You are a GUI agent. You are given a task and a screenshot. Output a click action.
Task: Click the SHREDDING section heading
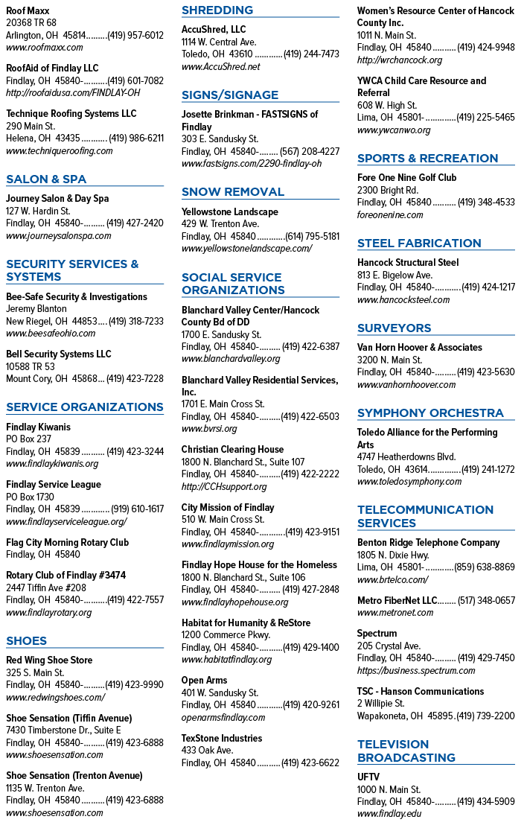pyautogui.click(x=217, y=10)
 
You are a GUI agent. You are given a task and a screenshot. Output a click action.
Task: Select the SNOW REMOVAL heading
pyautogui.click(x=233, y=192)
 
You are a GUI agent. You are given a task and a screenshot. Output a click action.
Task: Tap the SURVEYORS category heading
pyautogui.click(x=394, y=328)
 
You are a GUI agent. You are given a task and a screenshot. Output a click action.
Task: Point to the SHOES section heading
pyautogui.click(x=27, y=640)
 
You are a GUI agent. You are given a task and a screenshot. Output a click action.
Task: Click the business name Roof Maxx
pyautogui.click(x=28, y=10)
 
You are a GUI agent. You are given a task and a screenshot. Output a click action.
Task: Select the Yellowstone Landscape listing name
pyautogui.click(x=230, y=212)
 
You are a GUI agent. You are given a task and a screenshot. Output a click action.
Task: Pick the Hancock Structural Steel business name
pyautogui.click(x=408, y=262)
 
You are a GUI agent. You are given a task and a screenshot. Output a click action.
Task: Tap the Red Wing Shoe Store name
pyautogui.click(x=49, y=660)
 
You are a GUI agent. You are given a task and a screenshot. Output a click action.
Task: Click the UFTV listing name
pyautogui.click(x=368, y=777)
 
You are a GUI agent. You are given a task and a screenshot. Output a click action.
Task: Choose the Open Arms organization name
pyautogui.click(x=205, y=681)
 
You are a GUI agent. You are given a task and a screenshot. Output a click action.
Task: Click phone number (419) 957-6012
pyautogui.click(x=135, y=36)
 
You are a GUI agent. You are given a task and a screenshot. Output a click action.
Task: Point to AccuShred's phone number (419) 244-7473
pyautogui.click(x=311, y=54)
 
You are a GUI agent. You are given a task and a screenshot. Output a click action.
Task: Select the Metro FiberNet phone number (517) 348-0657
pyautogui.click(x=486, y=600)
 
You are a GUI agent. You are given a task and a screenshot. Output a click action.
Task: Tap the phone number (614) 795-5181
pyautogui.click(x=313, y=236)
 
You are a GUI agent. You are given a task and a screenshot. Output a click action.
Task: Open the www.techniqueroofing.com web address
pyautogui.click(x=60, y=151)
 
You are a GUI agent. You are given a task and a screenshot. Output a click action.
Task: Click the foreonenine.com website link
pyautogui.click(x=390, y=215)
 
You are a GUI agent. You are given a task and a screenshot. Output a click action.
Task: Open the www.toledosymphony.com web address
pyautogui.click(x=409, y=482)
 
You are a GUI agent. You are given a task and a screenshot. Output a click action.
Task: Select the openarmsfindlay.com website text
pyautogui.click(x=223, y=718)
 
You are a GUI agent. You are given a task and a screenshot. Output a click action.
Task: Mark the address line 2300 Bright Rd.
pyautogui.click(x=388, y=191)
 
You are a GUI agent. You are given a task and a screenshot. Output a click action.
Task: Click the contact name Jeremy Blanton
pyautogui.click(x=36, y=309)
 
